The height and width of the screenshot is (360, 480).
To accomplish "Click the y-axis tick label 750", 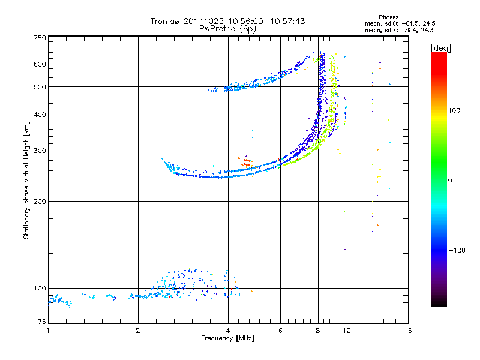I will (x=40, y=38).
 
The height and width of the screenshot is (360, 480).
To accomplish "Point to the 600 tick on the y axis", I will (x=40, y=64).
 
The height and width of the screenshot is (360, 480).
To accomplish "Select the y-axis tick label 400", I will (x=40, y=115).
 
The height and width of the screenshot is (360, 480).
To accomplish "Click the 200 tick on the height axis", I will (x=40, y=201).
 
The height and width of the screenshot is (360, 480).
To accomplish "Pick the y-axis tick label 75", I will (x=41, y=322).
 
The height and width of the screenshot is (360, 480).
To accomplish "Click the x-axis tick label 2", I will (x=138, y=331).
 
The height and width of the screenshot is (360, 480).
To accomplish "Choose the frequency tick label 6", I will (x=280, y=331).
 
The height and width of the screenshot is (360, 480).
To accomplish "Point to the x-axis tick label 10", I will (x=346, y=331).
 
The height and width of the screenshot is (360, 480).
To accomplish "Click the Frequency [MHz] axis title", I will (x=227, y=339).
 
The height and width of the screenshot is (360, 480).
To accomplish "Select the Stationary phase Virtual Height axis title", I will (x=26, y=180).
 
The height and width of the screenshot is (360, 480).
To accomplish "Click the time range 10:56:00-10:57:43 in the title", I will (x=263, y=21).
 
